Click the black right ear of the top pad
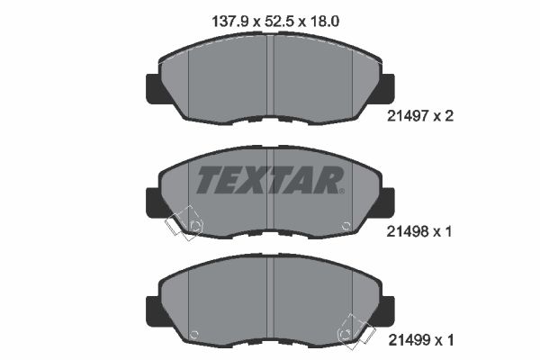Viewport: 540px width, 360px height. (x=387, y=87)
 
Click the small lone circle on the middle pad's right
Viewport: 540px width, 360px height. (x=347, y=225)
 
